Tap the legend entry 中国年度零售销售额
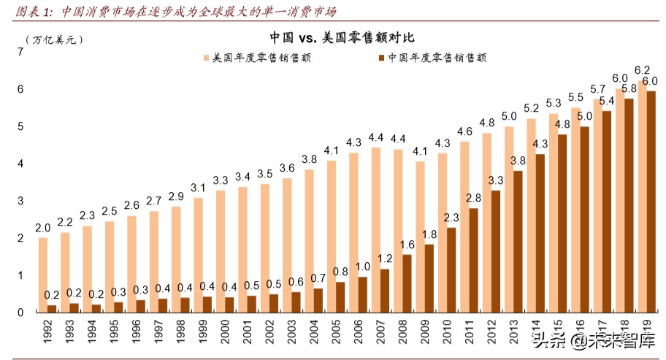tap(431, 58)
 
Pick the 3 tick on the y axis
tap(20, 201)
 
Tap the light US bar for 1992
tap(43, 275)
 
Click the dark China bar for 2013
tap(517, 241)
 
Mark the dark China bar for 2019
tap(651, 201)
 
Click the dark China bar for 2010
tap(451, 269)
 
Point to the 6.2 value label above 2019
tap(643, 70)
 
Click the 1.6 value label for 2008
tap(407, 245)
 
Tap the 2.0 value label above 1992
tap(43, 227)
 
